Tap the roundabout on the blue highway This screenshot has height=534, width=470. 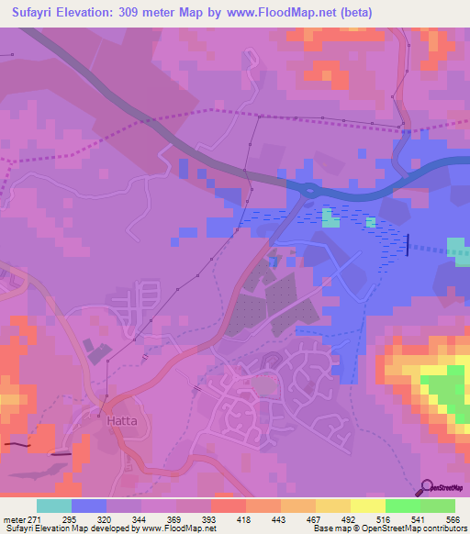click(309, 190)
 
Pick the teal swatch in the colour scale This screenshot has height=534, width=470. click(54, 506)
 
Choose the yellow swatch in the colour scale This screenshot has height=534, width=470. click(368, 506)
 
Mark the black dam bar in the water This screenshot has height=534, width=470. click(408, 243)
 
